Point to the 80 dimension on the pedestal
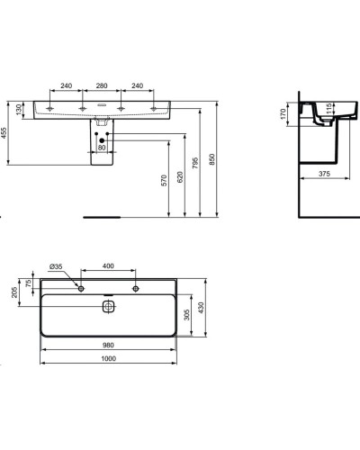pyautogui.click(x=103, y=148)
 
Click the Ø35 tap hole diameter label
pyautogui.click(x=53, y=268)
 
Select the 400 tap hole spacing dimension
pyautogui.click(x=108, y=268)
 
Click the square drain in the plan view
pyautogui.click(x=107, y=305)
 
